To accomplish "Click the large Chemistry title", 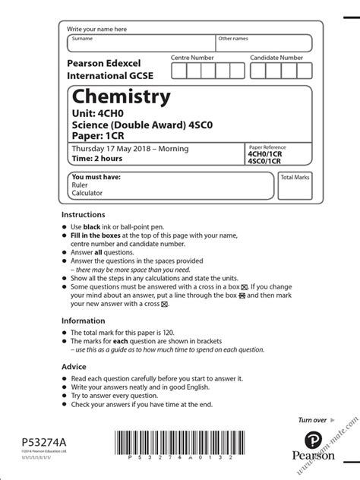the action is tap(121, 98).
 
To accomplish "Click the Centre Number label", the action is tap(192, 58).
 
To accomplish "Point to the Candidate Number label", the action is tap(276, 58).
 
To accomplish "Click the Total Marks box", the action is tap(295, 185).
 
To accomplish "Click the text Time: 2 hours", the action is tap(97, 159).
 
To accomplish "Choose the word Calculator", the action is tap(87, 193).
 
